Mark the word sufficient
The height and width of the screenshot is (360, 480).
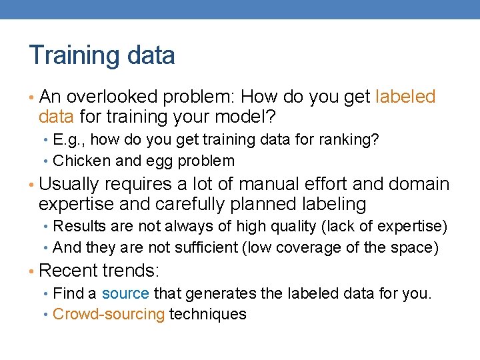pos(206,248)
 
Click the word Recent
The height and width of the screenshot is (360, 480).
pos(69,271)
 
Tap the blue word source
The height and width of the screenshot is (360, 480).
pos(126,293)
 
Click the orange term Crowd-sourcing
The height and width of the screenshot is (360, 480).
pos(108,314)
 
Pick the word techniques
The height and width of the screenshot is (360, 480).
pos(208,314)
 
